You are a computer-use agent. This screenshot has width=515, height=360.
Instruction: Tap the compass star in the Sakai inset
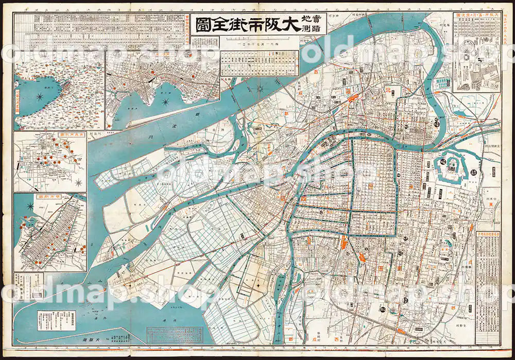(30, 207)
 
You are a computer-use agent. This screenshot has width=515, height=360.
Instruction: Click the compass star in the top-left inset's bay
(39, 96)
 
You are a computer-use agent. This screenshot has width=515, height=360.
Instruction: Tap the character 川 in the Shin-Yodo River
(146, 139)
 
